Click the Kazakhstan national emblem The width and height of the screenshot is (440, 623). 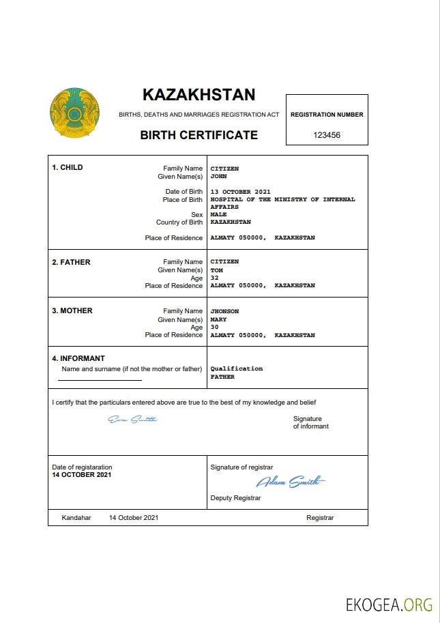pos(74,112)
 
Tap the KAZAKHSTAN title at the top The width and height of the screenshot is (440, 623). pos(199,95)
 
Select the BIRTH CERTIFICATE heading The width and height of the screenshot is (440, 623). pos(199,135)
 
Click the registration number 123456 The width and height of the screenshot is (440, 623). pos(327,135)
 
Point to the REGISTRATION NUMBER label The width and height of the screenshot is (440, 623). pos(327,115)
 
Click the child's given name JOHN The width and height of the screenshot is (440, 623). pos(218,176)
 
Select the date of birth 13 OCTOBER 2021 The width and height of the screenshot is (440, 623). pos(241,192)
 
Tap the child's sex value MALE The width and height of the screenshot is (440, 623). pos(218,214)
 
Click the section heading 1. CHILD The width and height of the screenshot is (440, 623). pos(68,167)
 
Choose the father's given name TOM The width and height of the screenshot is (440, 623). pos(217,270)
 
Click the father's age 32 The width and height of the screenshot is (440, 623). pos(215,278)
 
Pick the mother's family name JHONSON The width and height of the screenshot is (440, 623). pos(224,311)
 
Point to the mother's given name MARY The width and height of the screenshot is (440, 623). pos(218,319)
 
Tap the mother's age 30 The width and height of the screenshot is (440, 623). pos(215,327)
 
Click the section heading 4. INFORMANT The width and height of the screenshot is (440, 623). pos(78,358)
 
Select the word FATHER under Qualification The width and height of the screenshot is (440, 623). pos(222,377)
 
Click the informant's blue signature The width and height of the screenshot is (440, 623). pos(132,419)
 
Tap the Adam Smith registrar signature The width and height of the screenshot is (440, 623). pos(291,482)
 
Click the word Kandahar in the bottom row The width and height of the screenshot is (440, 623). pos(76,518)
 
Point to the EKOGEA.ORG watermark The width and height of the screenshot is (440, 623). pos(389,605)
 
